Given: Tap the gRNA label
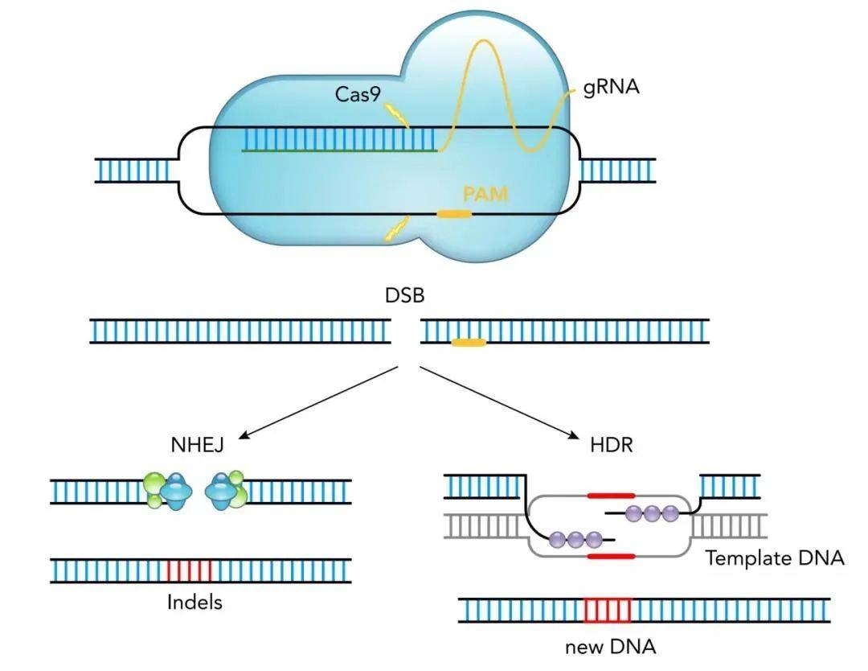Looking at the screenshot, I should (x=612, y=87).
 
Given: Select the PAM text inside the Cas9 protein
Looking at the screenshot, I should (x=485, y=193).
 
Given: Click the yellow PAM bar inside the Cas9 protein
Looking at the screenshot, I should (x=454, y=214).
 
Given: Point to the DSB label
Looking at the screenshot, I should (x=404, y=295).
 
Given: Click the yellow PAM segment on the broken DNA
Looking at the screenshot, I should (x=469, y=344).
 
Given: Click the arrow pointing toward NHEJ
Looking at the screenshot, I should (x=318, y=402).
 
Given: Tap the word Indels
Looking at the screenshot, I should (x=194, y=602).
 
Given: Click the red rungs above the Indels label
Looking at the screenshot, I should (x=190, y=570).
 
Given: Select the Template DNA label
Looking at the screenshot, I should (x=775, y=558).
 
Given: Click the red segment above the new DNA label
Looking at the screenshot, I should (x=608, y=611).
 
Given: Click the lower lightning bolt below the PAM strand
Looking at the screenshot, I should (x=395, y=231).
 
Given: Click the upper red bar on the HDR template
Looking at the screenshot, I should (x=611, y=496).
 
